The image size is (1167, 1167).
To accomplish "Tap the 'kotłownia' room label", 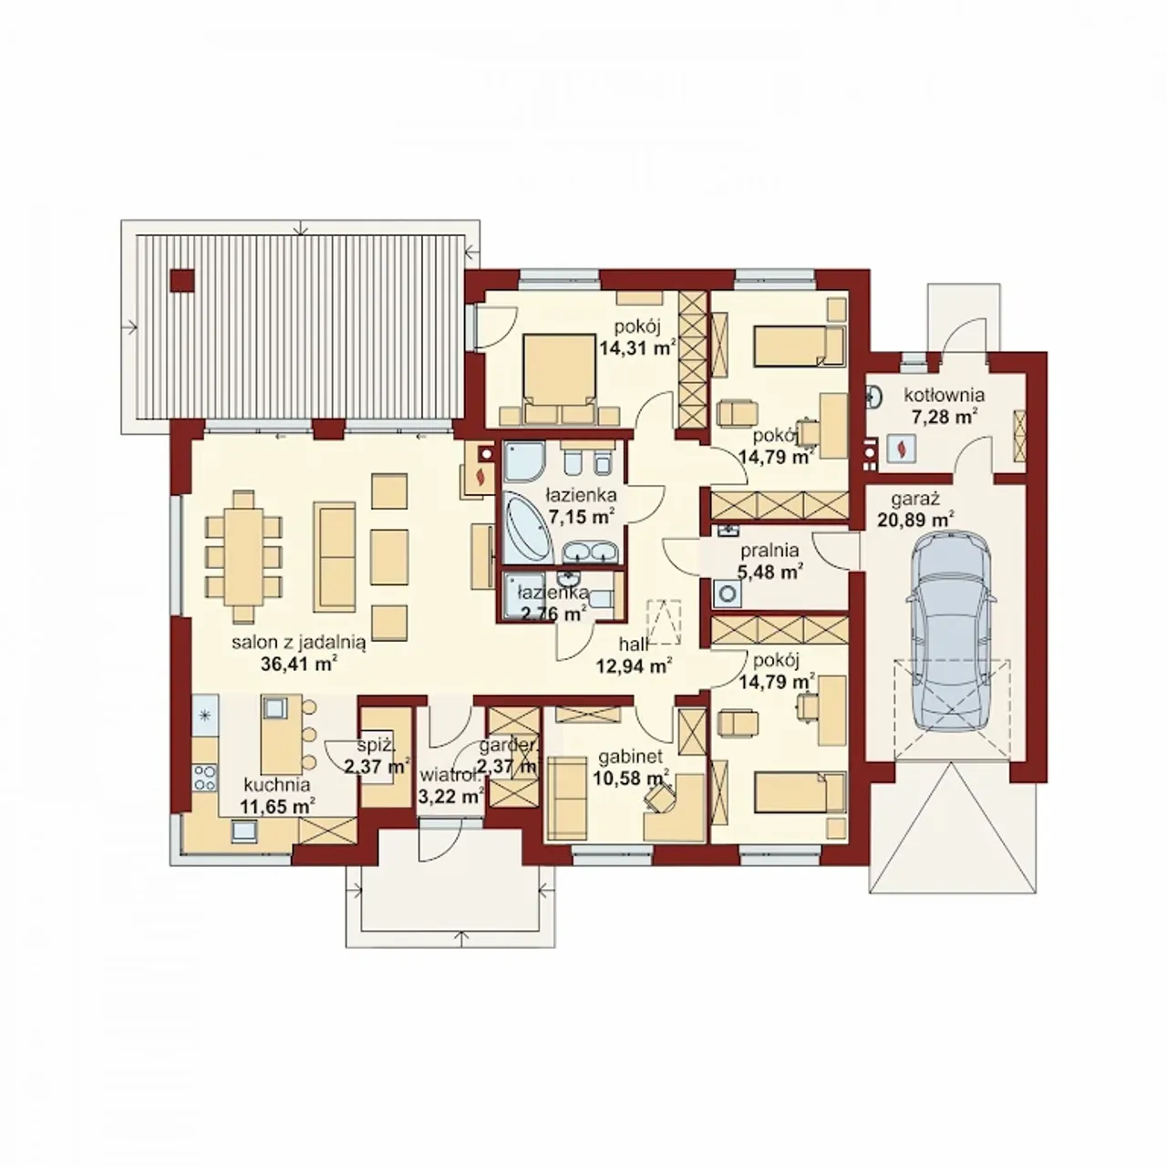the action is pyautogui.click(x=945, y=396).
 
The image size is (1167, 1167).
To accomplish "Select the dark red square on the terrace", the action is pyautogui.click(x=182, y=281).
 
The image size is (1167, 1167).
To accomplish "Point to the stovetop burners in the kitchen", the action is pyautogui.click(x=205, y=778).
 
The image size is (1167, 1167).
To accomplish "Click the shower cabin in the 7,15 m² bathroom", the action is pyautogui.click(x=524, y=460).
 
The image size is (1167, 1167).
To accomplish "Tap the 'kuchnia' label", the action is pyautogui.click(x=277, y=785).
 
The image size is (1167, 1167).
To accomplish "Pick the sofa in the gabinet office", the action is pyautogui.click(x=567, y=798).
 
